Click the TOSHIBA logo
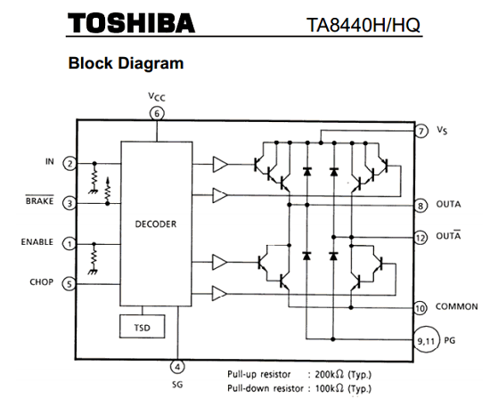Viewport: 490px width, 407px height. [131, 23]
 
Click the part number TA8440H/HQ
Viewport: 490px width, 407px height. [363, 25]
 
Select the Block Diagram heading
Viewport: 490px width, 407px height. [126, 62]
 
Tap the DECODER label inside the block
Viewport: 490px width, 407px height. [156, 224]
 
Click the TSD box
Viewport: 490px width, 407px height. [143, 327]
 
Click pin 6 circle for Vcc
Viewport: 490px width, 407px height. [157, 114]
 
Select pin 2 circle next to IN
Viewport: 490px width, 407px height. [70, 163]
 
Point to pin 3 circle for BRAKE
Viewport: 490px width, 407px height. [69, 203]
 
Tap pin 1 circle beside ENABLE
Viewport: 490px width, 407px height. [69, 244]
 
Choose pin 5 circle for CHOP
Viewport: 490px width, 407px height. [69, 284]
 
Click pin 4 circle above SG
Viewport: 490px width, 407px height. [177, 366]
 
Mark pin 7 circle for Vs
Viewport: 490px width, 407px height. [421, 131]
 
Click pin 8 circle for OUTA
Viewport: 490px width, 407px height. [421, 206]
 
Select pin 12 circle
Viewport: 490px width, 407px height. [421, 238]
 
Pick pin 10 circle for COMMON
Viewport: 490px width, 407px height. [421, 308]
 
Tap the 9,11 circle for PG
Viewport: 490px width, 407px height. [427, 339]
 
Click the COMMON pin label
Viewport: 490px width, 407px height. [456, 306]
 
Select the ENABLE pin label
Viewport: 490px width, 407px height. [37, 242]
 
